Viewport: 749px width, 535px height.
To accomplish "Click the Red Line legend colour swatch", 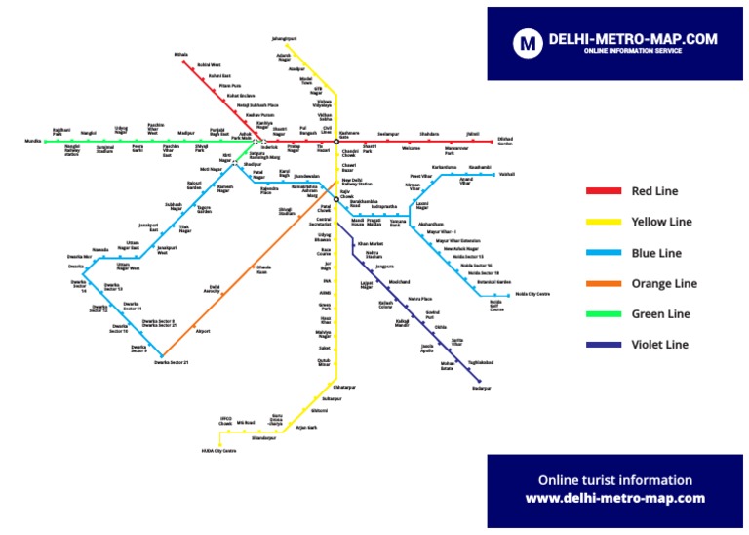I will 604,191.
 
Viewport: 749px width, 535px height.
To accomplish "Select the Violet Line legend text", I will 660,345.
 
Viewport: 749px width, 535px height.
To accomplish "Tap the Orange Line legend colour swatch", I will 604,283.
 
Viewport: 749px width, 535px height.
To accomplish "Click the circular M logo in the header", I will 529,42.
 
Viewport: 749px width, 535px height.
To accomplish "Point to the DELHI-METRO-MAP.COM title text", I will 633,39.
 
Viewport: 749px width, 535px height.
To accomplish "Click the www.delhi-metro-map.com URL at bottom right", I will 614,498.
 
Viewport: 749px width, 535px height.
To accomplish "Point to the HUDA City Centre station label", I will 219,451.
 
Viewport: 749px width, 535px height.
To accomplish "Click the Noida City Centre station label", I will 532,293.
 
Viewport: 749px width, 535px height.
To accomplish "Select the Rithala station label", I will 180,54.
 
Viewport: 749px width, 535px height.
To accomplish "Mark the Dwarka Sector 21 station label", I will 171,363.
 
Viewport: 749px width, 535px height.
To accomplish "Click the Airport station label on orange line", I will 203,331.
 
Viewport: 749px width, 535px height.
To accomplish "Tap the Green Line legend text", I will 660,314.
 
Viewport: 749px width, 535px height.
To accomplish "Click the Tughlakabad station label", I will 481,362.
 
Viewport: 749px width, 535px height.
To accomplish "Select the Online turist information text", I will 614,480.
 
